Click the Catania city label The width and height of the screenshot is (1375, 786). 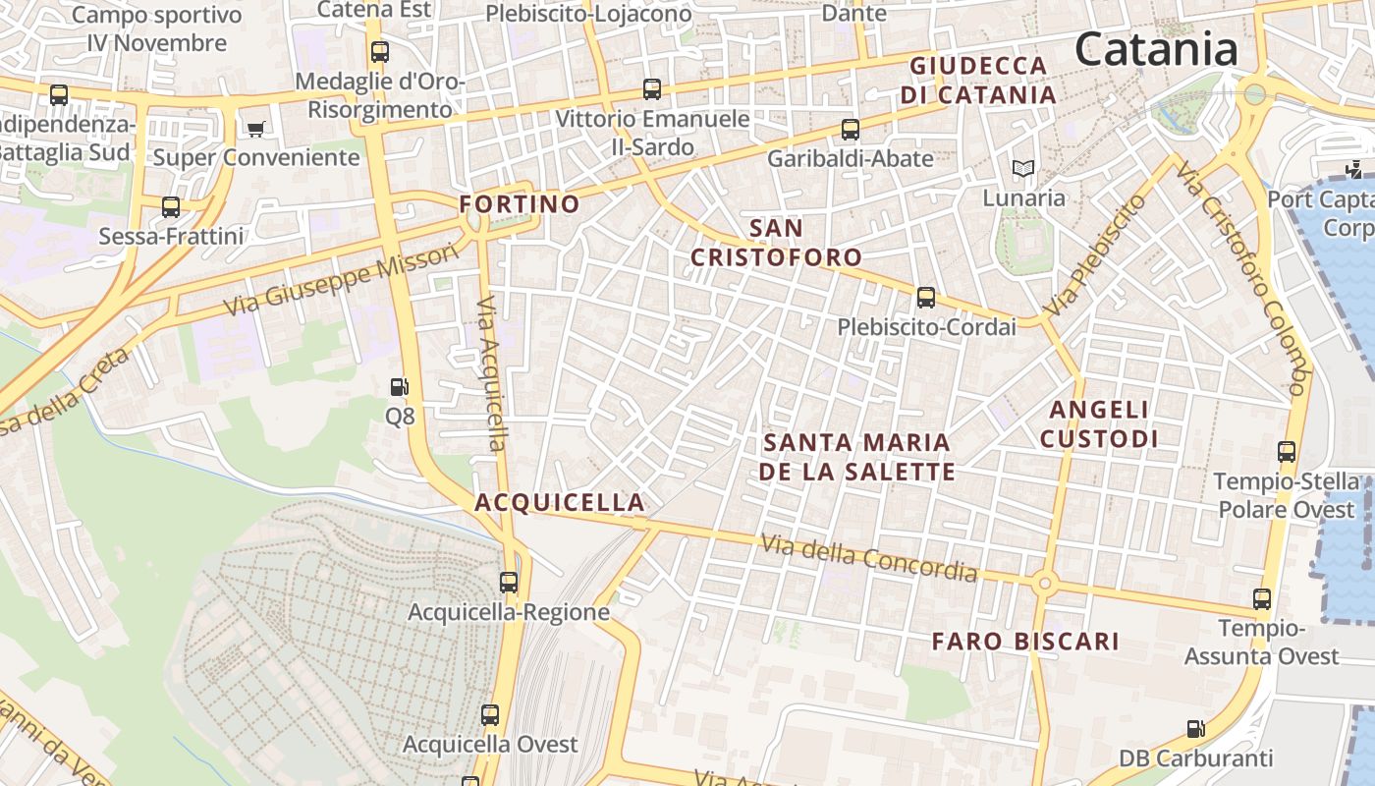[x=1156, y=49]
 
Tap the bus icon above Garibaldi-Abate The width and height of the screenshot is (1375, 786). [x=851, y=129]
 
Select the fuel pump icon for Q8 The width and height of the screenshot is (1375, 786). [x=399, y=388]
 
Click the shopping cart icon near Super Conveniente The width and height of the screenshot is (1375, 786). [x=256, y=128]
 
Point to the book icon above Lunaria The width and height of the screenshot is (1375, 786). [x=1023, y=169]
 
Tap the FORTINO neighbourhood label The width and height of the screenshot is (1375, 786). [x=520, y=204]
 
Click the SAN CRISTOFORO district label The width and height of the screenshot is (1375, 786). [x=776, y=243]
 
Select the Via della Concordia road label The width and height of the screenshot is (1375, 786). [x=869, y=557]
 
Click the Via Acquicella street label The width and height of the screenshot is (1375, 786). [x=492, y=373]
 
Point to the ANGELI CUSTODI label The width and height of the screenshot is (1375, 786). [x=1099, y=423]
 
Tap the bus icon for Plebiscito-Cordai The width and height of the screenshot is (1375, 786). [x=925, y=298]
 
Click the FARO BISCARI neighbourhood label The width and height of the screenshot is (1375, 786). [x=1025, y=642]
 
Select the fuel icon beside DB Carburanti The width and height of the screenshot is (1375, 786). [x=1195, y=729]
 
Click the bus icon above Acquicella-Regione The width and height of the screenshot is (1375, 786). [x=509, y=582]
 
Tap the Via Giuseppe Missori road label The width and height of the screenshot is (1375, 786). [x=341, y=280]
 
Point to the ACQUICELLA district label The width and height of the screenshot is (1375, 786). [x=560, y=502]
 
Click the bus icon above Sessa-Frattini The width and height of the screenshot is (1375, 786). [x=171, y=207]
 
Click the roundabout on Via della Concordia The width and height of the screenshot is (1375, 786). [x=1044, y=584]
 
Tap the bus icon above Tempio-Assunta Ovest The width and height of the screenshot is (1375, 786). [x=1262, y=598]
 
